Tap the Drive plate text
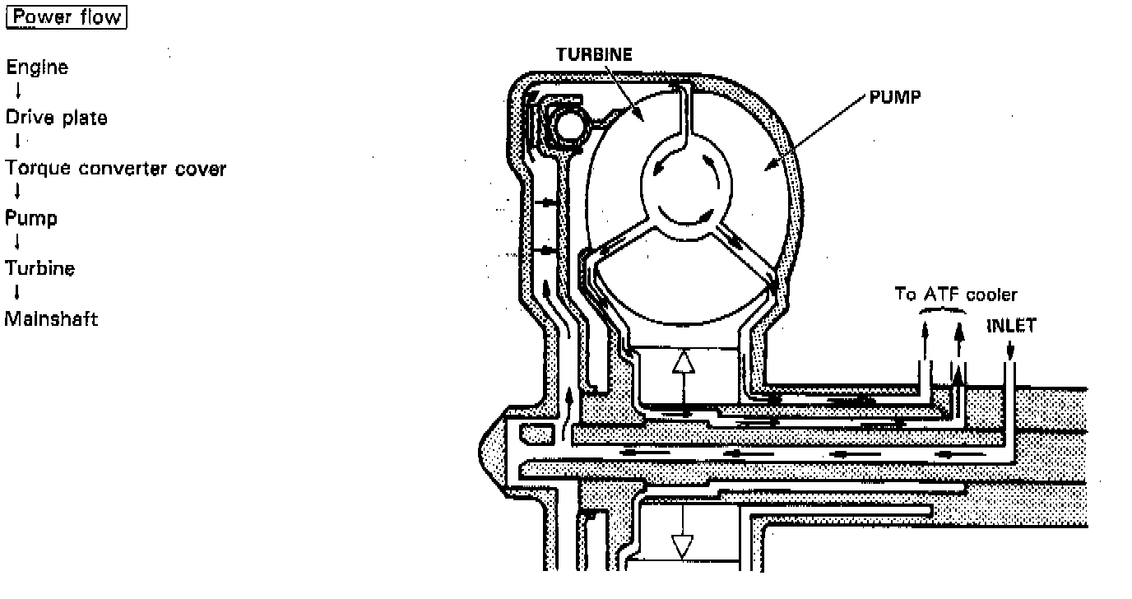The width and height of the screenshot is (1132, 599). click(56, 118)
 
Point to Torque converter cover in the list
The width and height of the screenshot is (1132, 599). click(115, 169)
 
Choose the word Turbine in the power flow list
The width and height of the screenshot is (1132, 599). click(40, 269)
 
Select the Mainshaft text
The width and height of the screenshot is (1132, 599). click(52, 319)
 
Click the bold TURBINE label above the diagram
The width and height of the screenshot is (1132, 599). click(593, 55)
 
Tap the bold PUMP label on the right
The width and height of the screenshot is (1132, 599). click(895, 97)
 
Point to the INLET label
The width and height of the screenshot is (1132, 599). click(1011, 326)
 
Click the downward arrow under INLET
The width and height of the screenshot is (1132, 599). click(1011, 351)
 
